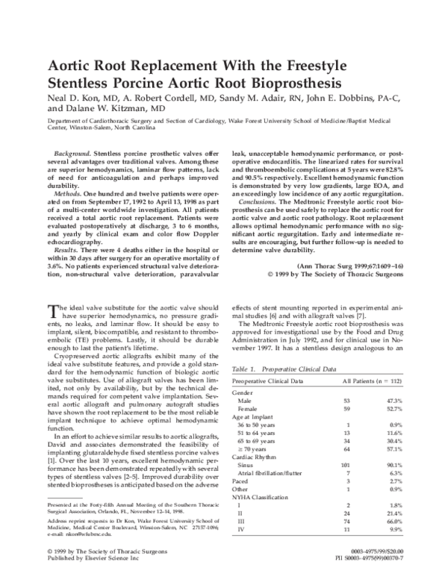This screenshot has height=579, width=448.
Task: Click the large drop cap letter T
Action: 51,311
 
